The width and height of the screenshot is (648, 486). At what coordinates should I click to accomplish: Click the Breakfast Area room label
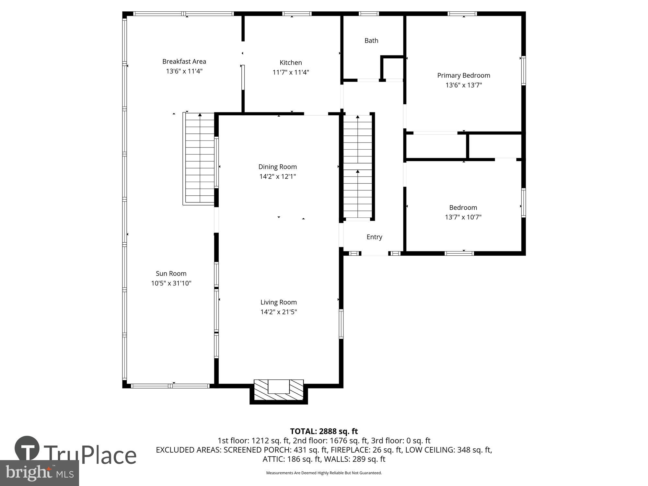point(184,61)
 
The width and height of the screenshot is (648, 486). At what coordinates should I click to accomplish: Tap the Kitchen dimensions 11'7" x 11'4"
point(291,72)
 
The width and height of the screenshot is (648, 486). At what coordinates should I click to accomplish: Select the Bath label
point(371,40)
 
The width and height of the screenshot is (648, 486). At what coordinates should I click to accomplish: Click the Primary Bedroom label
point(464,75)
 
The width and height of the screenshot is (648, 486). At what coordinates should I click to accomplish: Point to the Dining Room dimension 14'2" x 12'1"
point(278,177)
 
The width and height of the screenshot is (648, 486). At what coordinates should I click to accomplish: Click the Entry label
point(374,237)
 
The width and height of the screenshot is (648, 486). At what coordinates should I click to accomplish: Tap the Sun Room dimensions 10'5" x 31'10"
point(171,283)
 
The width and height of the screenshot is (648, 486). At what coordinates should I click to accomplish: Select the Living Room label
point(279,302)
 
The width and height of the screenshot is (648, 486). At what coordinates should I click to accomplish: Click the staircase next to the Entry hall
point(358,167)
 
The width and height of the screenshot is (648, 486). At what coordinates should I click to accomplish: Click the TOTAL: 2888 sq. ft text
point(324,431)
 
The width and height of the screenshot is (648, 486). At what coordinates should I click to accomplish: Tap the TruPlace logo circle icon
point(27,448)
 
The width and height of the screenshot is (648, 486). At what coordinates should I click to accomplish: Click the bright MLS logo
point(39,473)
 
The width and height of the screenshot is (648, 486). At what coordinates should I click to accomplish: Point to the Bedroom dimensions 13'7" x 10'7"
point(463,217)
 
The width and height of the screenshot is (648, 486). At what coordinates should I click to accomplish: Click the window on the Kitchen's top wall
point(297,14)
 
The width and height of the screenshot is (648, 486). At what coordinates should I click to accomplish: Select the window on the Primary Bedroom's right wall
point(523,71)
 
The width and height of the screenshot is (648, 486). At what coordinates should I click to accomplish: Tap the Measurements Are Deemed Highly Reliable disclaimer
point(324,473)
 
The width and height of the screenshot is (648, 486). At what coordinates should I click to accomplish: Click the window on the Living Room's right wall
point(341,324)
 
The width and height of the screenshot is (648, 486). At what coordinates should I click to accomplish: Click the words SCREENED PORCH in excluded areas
point(258,450)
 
